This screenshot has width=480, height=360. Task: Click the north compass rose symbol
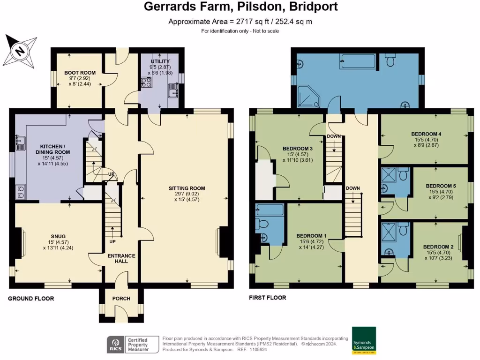click(x=21, y=50)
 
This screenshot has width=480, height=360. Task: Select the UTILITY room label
click(x=160, y=61)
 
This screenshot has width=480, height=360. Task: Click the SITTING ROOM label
click(x=187, y=188)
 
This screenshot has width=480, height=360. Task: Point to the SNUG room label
click(x=58, y=236)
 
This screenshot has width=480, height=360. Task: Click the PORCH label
click(x=121, y=299)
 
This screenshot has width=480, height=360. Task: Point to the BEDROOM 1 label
click(x=311, y=236)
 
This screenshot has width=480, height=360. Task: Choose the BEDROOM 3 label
click(x=298, y=149)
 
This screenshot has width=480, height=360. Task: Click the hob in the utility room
click(x=145, y=83)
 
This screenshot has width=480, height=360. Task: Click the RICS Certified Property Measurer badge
click(x=128, y=345)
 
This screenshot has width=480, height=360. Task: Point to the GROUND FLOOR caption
click(x=31, y=299)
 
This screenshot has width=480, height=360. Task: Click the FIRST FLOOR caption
click(x=268, y=298)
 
